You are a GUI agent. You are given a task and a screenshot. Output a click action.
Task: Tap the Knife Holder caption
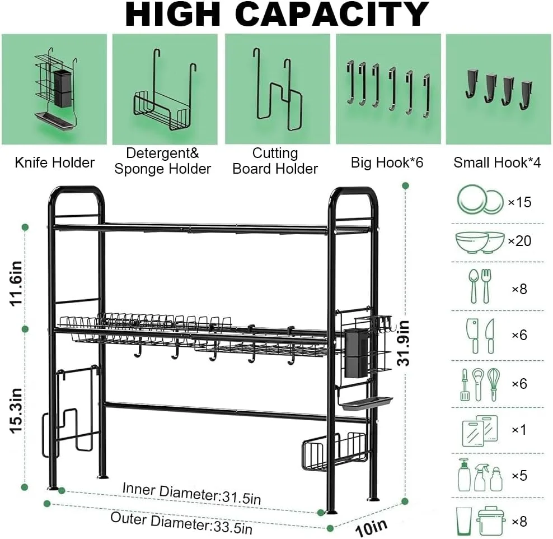click(x=55, y=162)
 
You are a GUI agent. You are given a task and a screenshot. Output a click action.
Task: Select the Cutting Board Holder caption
click(x=275, y=161)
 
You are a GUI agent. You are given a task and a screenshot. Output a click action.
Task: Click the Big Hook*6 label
click(x=387, y=162)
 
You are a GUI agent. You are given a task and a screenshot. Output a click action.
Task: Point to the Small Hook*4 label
click(x=497, y=162)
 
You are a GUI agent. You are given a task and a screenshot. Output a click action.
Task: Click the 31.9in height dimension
click(x=403, y=343)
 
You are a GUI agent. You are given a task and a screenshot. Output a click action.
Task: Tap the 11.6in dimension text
click(x=16, y=284)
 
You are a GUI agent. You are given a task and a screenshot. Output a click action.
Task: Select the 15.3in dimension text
click(x=16, y=411)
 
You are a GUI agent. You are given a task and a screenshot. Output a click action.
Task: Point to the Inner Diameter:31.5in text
click(x=191, y=494)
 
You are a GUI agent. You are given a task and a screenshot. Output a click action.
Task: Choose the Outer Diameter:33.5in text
click(x=181, y=523)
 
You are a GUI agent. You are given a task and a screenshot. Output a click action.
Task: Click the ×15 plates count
click(x=519, y=202)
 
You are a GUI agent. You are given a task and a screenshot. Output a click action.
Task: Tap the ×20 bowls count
click(x=519, y=241)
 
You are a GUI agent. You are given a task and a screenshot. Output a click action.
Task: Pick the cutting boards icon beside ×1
click(x=480, y=431)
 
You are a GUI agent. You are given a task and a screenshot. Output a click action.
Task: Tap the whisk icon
click(x=494, y=385)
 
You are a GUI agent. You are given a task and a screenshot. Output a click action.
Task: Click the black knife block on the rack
click(x=356, y=353)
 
